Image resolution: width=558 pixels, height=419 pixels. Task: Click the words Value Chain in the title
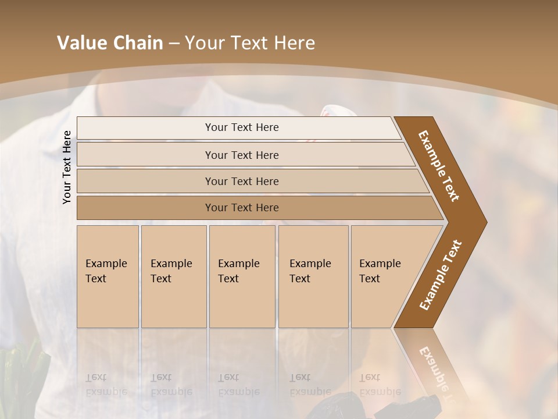pos(110,43)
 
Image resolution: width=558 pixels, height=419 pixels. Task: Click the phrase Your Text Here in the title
pos(250,43)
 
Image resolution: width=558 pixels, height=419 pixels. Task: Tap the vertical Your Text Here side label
pos(67,167)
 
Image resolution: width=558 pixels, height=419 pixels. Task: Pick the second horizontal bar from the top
pos(242,155)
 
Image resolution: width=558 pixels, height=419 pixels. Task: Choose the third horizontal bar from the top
pos(242,181)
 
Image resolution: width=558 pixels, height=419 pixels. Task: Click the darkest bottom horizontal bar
pos(242,208)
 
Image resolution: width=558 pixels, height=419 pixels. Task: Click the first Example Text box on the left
pos(108,276)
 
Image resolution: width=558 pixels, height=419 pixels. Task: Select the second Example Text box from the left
pos(173,276)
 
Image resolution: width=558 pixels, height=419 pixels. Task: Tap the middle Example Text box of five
pos(242,276)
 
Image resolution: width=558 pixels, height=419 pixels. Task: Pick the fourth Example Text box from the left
pos(313,276)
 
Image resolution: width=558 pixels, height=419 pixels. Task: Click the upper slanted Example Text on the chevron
pos(439,166)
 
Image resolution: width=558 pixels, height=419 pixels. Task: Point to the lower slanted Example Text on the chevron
pos(440,275)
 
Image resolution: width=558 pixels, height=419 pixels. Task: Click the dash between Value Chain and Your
pos(174,44)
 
